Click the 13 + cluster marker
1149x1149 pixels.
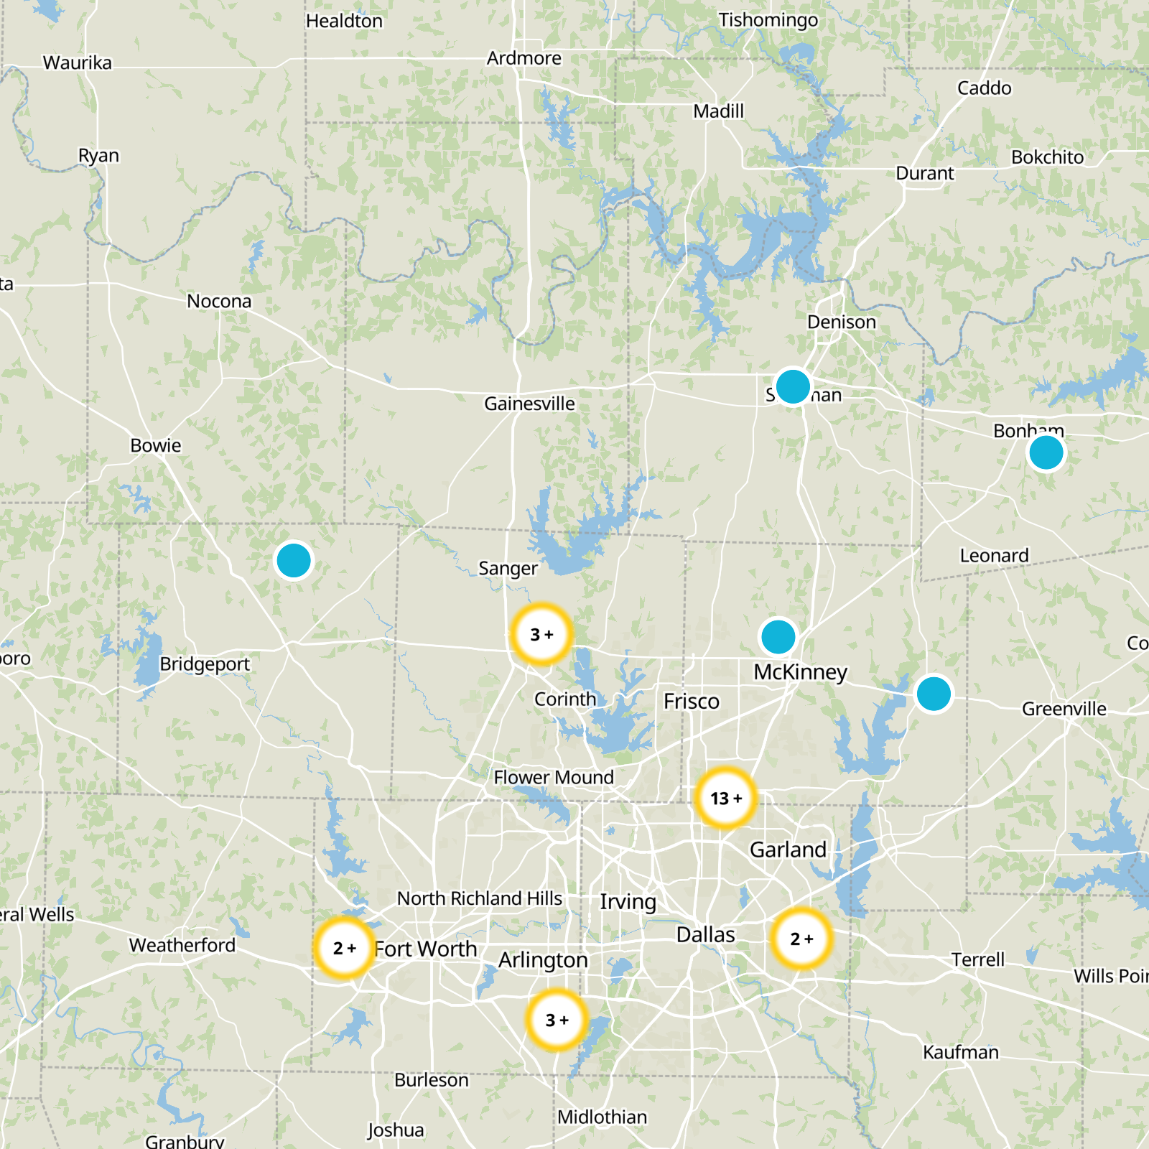(725, 798)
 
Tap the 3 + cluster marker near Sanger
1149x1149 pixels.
(542, 635)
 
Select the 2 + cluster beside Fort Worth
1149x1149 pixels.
(345, 948)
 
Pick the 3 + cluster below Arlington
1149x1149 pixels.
(557, 1020)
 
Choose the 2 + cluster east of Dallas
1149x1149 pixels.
(801, 939)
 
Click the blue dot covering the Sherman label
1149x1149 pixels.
(793, 386)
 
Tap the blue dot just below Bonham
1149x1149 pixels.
(1046, 453)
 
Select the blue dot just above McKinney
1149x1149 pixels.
(778, 636)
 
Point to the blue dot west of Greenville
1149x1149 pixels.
(934, 694)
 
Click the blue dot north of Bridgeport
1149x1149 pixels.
(294, 560)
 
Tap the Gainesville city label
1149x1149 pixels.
(529, 404)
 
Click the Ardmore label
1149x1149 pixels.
(524, 58)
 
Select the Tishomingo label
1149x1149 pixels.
(768, 20)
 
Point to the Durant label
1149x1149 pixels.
(924, 174)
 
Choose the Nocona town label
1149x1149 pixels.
(219, 302)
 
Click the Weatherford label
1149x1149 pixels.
(182, 945)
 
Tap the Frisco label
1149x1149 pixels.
(691, 702)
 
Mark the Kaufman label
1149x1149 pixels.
(960, 1053)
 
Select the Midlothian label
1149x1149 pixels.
(602, 1117)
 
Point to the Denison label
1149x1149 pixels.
(841, 322)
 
